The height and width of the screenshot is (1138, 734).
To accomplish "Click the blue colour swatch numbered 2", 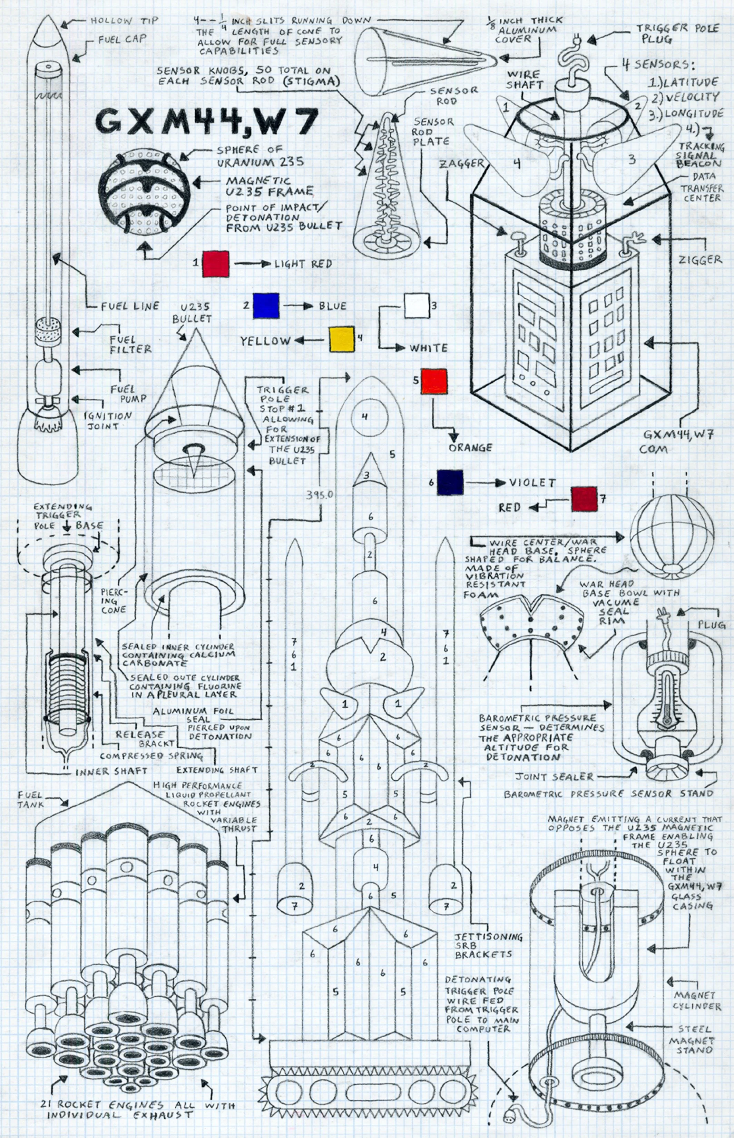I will click(x=266, y=305).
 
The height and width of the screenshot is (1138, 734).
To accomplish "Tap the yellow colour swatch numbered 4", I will click(x=342, y=339).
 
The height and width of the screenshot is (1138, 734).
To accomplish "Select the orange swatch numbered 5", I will click(x=434, y=381).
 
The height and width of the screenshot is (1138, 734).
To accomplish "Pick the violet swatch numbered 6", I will click(x=450, y=483).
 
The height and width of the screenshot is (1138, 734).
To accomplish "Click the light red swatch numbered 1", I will click(x=215, y=263).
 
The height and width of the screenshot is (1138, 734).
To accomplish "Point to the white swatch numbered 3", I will click(x=417, y=306).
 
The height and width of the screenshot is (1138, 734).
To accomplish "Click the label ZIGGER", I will click(x=700, y=260).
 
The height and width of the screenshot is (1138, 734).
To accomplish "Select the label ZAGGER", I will click(x=461, y=163).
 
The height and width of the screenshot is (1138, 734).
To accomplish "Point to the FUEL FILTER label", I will click(x=130, y=344).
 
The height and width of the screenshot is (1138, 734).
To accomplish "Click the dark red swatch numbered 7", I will click(x=584, y=499).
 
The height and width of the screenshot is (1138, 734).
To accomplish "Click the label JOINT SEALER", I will click(x=554, y=777).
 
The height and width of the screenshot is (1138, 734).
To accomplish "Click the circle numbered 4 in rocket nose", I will click(x=365, y=417).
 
